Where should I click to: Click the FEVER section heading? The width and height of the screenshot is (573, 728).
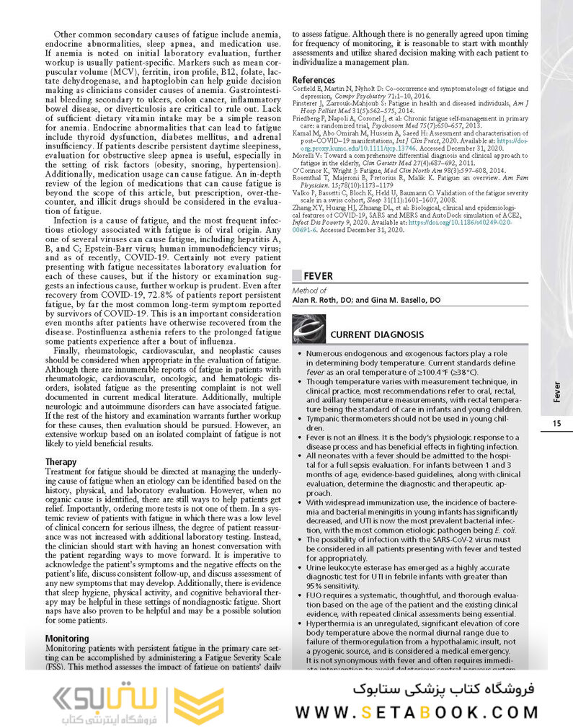tap(319, 275)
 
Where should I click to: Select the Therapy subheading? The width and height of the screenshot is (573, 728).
tap(61, 461)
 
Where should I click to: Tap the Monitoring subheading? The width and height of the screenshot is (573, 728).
tap(67, 639)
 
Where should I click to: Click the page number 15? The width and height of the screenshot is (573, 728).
tap(556, 423)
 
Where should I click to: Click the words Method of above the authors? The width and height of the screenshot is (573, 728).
tap(309, 291)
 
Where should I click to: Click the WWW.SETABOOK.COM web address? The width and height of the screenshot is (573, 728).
tap(416, 711)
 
